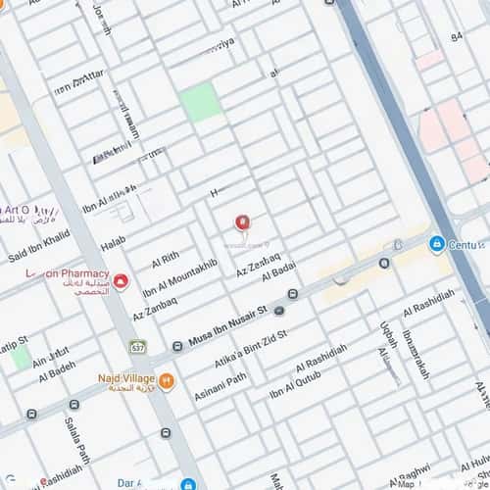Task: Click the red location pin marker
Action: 241,224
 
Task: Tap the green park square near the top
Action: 201,102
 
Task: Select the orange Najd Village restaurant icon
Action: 167,380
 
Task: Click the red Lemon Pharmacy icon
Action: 121,282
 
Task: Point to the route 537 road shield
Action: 138,348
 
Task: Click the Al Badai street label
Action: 278,270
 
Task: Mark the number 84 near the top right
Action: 456,36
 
